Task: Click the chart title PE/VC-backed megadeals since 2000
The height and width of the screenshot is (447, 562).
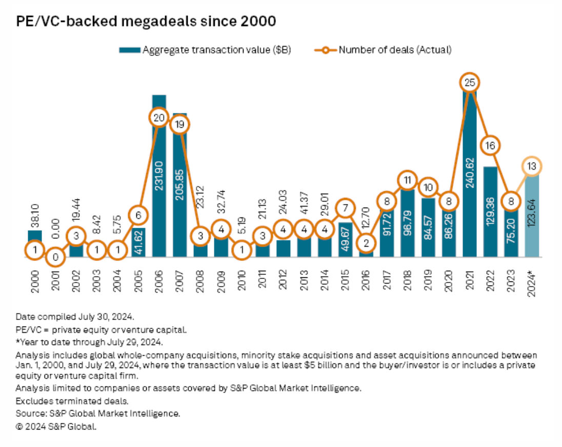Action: pos(147,22)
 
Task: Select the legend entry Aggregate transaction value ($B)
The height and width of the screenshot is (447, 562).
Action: pos(205,50)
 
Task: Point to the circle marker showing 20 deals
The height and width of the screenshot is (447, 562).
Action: pos(158,117)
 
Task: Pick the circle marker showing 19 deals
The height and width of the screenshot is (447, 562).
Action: pos(179,124)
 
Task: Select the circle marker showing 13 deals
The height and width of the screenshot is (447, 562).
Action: pos(532,166)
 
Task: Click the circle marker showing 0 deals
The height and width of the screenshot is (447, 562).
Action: pos(54,258)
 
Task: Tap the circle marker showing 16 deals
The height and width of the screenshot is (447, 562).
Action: pos(490,146)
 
